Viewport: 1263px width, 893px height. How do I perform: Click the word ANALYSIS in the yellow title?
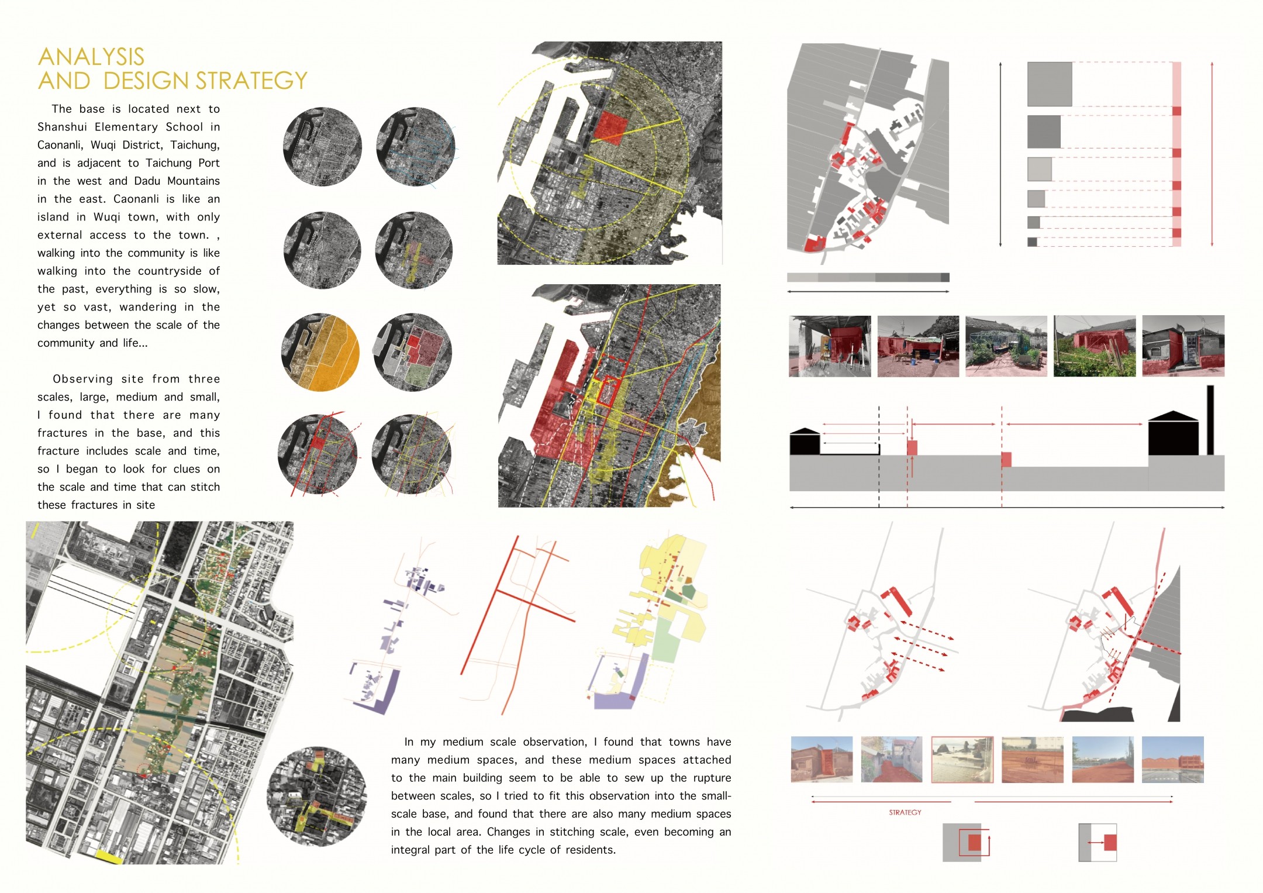[x=91, y=57]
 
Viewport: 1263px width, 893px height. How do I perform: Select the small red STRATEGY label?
[x=905, y=812]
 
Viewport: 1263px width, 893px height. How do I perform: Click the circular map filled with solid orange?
[x=320, y=352]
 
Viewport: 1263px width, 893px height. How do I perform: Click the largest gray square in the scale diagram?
[x=1050, y=84]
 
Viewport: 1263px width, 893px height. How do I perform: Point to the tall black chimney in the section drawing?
[x=1210, y=420]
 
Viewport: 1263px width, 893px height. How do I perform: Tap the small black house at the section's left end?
[x=805, y=442]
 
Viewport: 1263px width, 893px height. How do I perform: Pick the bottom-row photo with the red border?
[x=962, y=759]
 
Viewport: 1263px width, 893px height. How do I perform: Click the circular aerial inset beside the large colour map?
[x=316, y=796]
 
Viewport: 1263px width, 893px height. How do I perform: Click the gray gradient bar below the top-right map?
[x=868, y=277]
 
